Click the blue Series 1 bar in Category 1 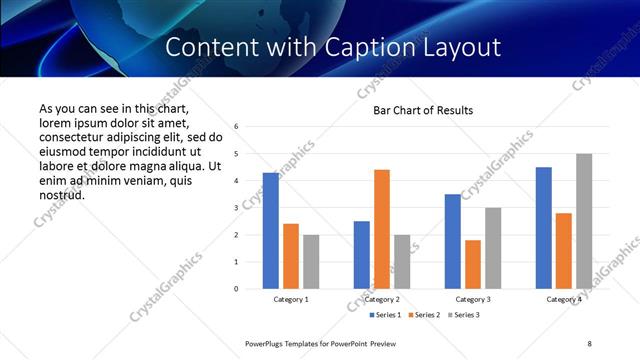click(271, 230)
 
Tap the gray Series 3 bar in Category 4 click(584, 221)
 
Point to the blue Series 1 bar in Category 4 click(544, 228)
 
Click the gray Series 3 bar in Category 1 click(311, 261)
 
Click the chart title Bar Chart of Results click(423, 110)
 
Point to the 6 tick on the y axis click(236, 127)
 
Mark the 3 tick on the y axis click(236, 208)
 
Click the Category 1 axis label click(291, 299)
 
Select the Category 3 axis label click(473, 299)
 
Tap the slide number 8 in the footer click(589, 343)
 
